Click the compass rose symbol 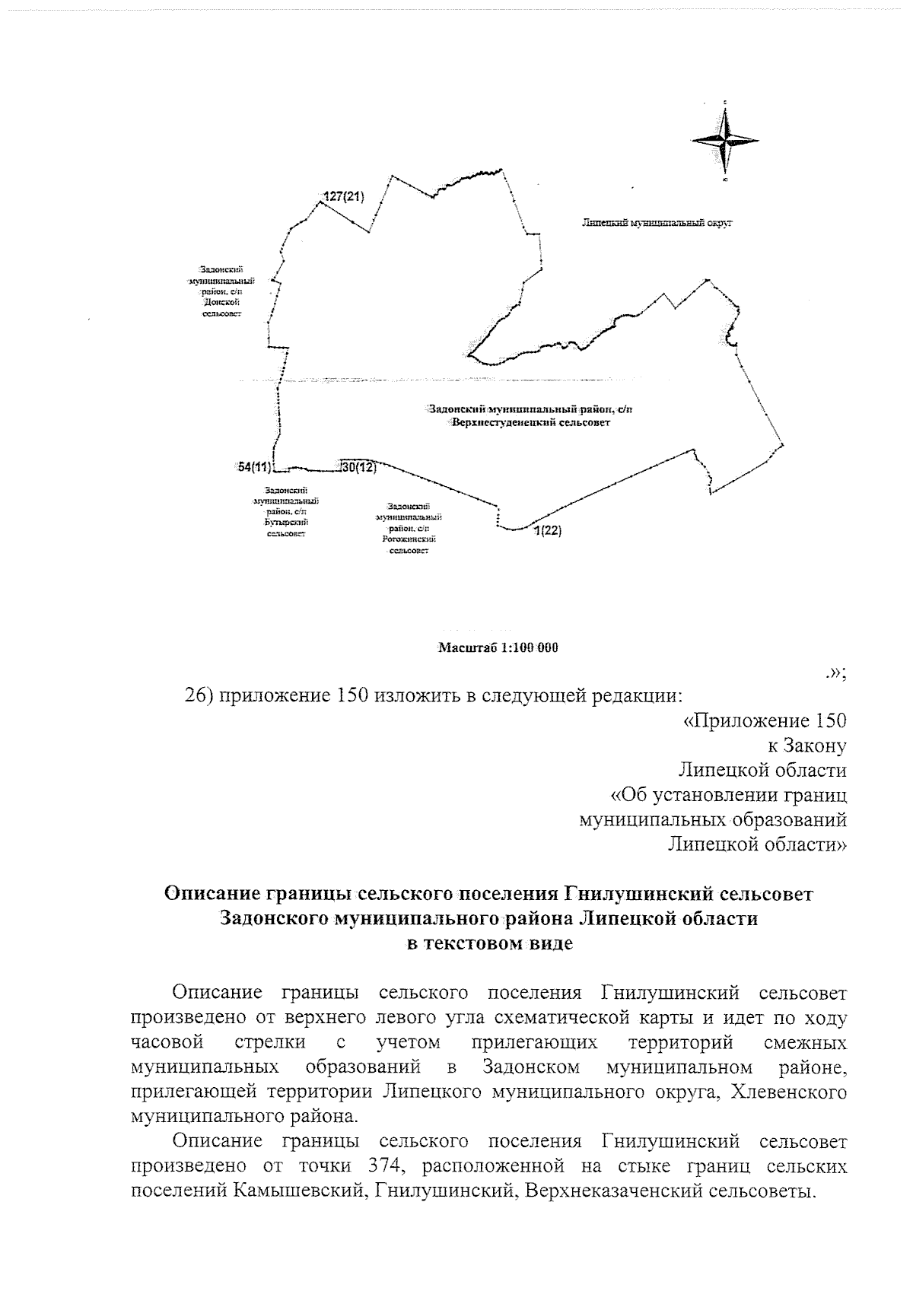(x=725, y=140)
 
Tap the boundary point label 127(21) (x=344, y=197)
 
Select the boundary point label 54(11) (x=254, y=467)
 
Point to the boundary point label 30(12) (x=359, y=467)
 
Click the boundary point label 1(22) (x=547, y=531)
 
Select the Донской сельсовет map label (x=221, y=291)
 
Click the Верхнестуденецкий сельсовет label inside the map (x=530, y=415)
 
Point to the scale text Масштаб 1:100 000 (x=498, y=648)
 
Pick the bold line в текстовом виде (x=488, y=943)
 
